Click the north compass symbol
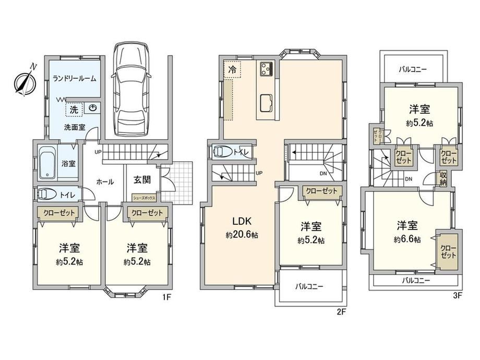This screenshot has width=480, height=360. [x=26, y=80]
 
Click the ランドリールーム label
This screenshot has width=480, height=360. [x=75, y=79]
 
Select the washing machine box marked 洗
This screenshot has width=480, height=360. [x=74, y=110]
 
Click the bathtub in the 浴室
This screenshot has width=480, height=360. [x=47, y=162]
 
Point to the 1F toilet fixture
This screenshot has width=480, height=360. [x=47, y=194]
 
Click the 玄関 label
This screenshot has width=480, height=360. [x=142, y=179]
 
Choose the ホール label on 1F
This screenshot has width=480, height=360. [x=105, y=182]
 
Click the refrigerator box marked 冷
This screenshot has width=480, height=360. [x=232, y=69]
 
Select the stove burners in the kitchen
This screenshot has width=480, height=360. [x=267, y=69]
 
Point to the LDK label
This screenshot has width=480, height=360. [x=242, y=221]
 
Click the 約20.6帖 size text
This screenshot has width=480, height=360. [x=242, y=235]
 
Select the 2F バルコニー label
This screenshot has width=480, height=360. [x=309, y=286]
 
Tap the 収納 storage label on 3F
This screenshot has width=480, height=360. [x=443, y=179]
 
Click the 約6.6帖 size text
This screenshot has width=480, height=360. [x=407, y=239]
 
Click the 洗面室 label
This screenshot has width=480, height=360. [x=75, y=127]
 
